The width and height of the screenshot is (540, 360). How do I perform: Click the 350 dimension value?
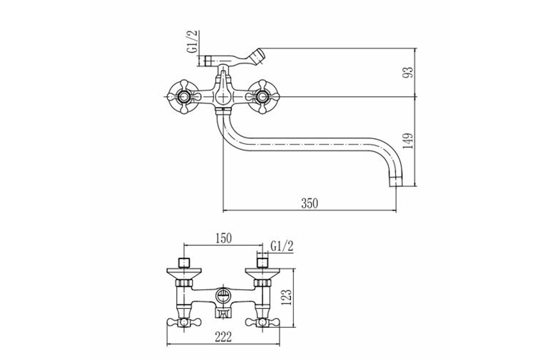310,203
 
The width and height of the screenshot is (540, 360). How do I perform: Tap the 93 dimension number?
408,72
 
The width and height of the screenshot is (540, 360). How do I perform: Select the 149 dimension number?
408,141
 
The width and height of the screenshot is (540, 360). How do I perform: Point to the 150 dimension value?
223,238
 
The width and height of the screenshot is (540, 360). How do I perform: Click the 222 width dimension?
223,337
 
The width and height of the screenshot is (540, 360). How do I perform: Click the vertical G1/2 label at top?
193,41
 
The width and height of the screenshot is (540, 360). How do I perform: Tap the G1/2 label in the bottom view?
282,247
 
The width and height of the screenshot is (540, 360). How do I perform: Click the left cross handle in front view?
184,97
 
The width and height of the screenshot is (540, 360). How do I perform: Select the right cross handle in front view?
262,97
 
